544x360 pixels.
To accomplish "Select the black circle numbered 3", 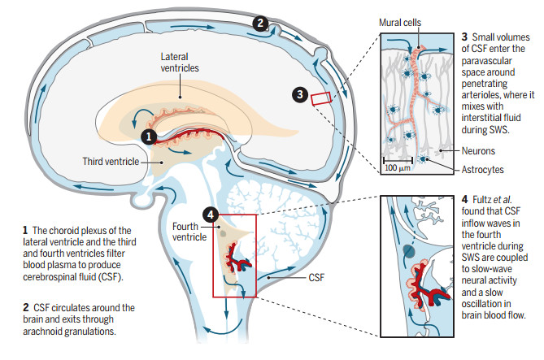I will (x=300, y=97).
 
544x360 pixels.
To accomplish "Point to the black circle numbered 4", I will (x=211, y=215).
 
